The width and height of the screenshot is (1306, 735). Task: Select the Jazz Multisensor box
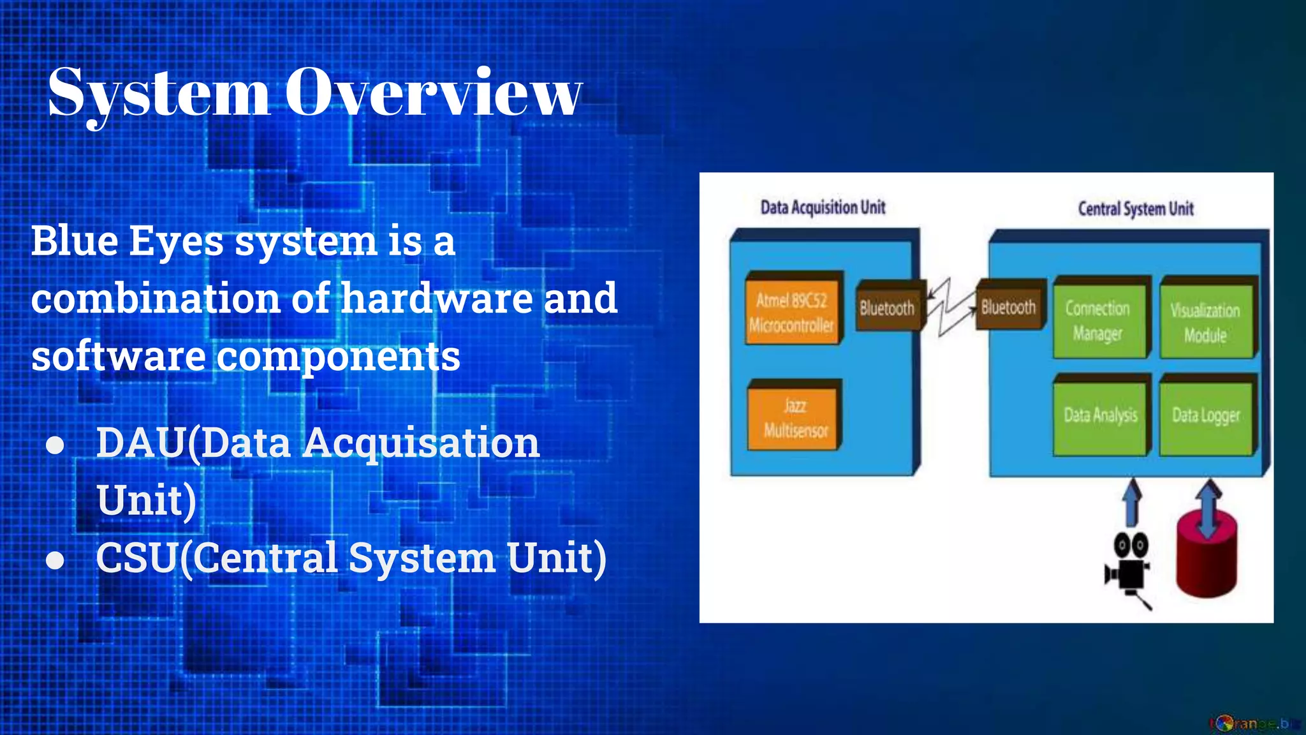pyautogui.click(x=795, y=418)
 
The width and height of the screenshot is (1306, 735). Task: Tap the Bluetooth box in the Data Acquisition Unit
pyautogui.click(x=887, y=308)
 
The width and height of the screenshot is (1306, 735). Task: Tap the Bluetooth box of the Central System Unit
pyautogui.click(x=1008, y=307)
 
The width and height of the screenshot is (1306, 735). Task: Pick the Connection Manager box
pyautogui.click(x=1097, y=320)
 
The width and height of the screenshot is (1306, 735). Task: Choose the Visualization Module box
pyautogui.click(x=1205, y=322)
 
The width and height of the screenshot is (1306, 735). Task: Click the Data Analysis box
pyautogui.click(x=1100, y=415)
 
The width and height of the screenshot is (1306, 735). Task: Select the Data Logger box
pyautogui.click(x=1206, y=416)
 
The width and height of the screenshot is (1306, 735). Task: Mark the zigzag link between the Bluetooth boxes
pyautogui.click(x=950, y=308)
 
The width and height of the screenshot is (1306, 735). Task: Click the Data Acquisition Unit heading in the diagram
pyautogui.click(x=823, y=207)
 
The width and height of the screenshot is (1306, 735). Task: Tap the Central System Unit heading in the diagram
pyautogui.click(x=1136, y=209)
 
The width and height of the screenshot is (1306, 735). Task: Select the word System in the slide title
pyautogui.click(x=159, y=94)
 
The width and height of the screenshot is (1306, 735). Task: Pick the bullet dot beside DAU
pyautogui.click(x=55, y=445)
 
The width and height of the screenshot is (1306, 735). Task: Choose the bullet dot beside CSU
pyautogui.click(x=55, y=560)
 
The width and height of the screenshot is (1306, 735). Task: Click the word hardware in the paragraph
pyautogui.click(x=437, y=298)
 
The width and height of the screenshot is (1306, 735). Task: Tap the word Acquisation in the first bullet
pyautogui.click(x=421, y=443)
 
